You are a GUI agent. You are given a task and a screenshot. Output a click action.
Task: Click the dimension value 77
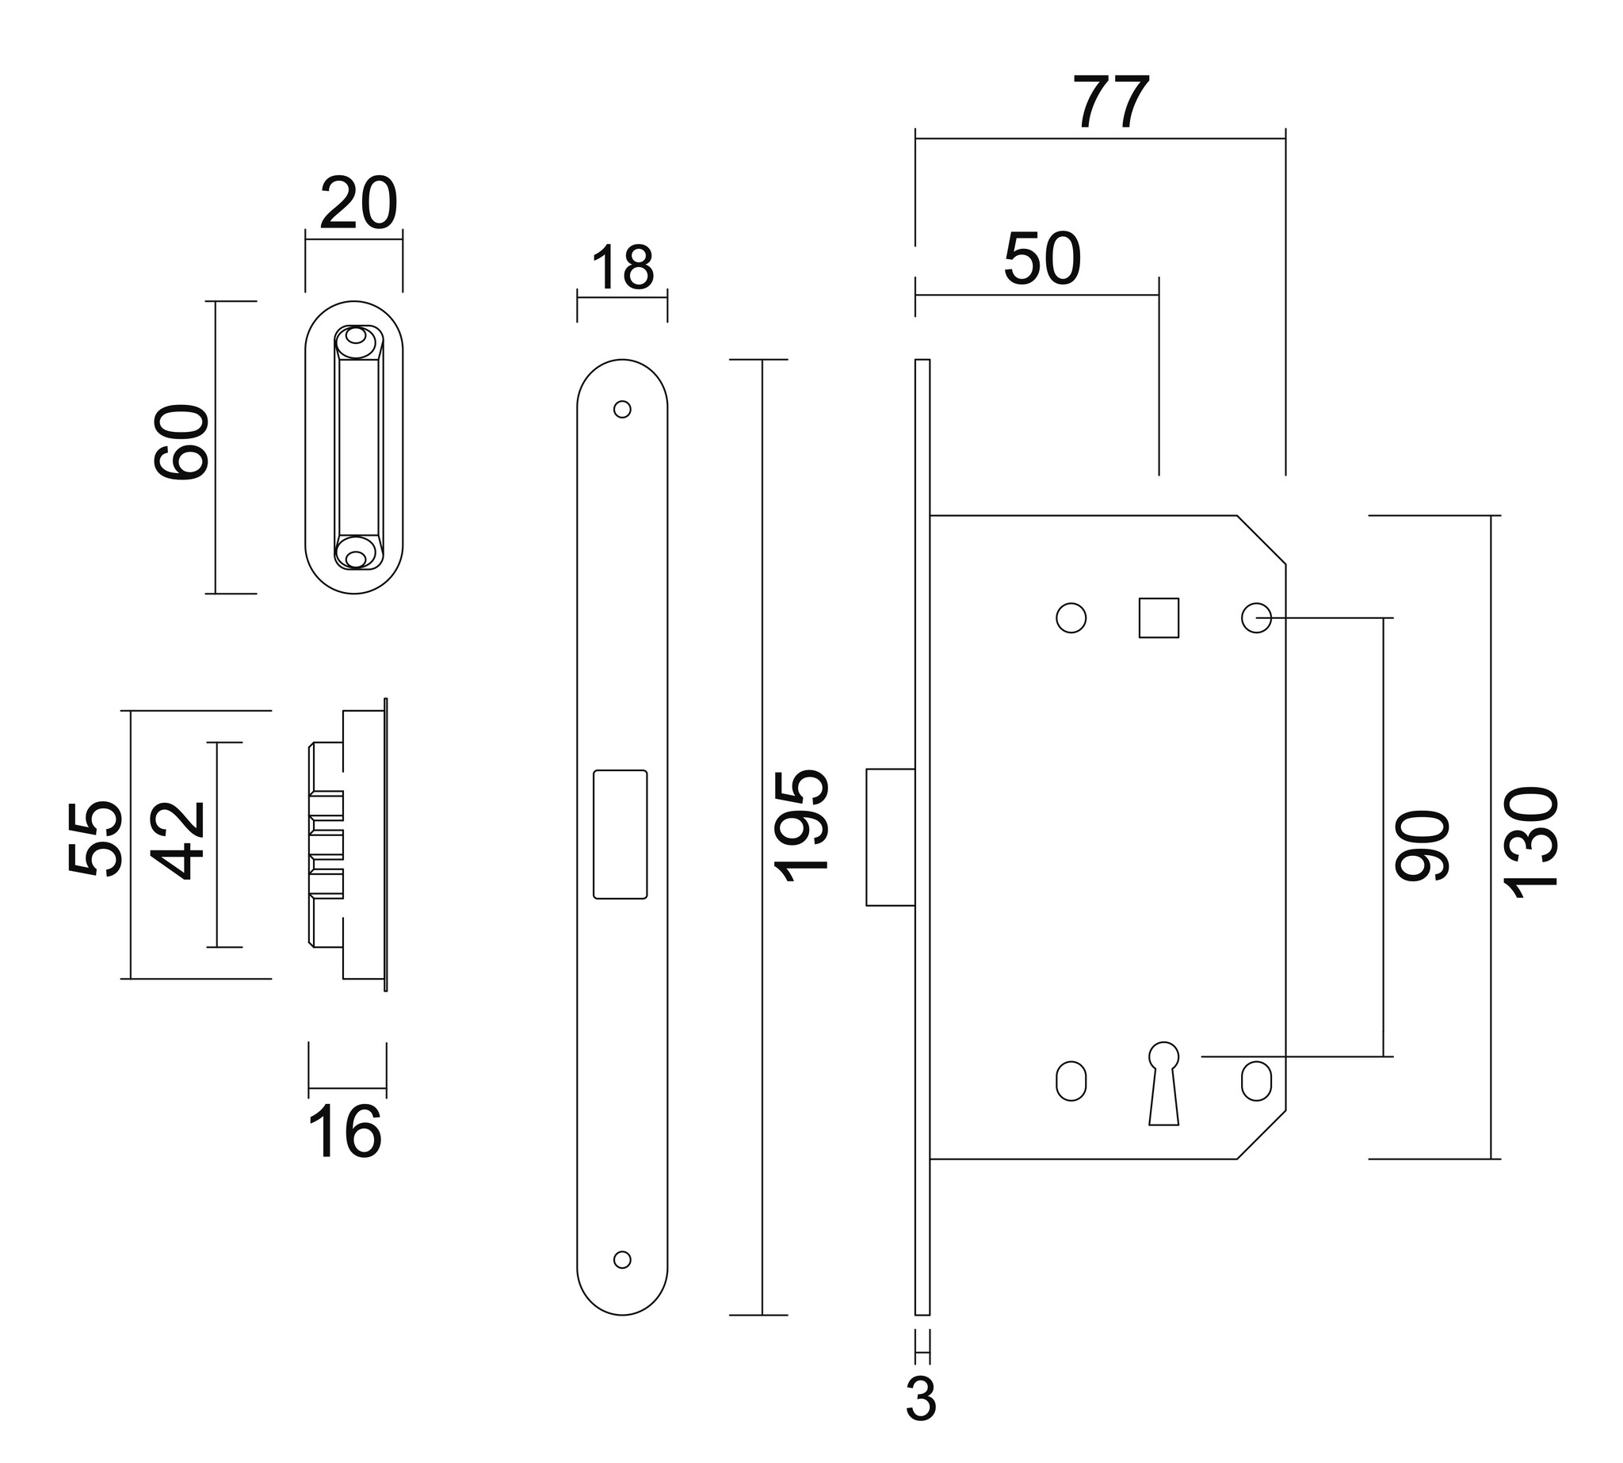1113,102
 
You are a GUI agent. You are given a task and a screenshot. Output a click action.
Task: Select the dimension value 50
1043,259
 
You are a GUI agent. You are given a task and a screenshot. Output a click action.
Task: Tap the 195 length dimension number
800,826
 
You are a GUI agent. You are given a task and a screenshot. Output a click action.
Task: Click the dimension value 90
1422,845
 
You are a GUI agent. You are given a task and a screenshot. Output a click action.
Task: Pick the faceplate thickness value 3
921,1400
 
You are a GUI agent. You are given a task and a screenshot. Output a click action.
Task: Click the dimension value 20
358,204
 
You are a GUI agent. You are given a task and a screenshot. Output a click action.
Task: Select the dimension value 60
181,443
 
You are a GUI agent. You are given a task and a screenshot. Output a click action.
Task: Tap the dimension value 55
95,838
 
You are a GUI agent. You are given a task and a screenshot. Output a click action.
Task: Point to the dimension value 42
178,840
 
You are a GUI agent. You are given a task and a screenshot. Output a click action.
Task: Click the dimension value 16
346,1133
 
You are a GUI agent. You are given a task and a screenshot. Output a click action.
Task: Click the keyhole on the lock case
1163,1083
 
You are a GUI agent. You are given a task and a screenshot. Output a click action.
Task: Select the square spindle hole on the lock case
1159,618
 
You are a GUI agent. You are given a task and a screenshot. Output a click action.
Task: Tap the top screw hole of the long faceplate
622,409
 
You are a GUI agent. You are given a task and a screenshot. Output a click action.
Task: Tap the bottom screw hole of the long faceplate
622,1259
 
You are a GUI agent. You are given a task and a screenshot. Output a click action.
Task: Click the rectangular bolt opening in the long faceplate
620,834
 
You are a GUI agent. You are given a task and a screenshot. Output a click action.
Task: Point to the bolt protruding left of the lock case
891,837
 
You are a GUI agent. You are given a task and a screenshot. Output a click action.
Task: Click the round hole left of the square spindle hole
1071,618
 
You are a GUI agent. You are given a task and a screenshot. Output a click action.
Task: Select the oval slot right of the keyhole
1256,1081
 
